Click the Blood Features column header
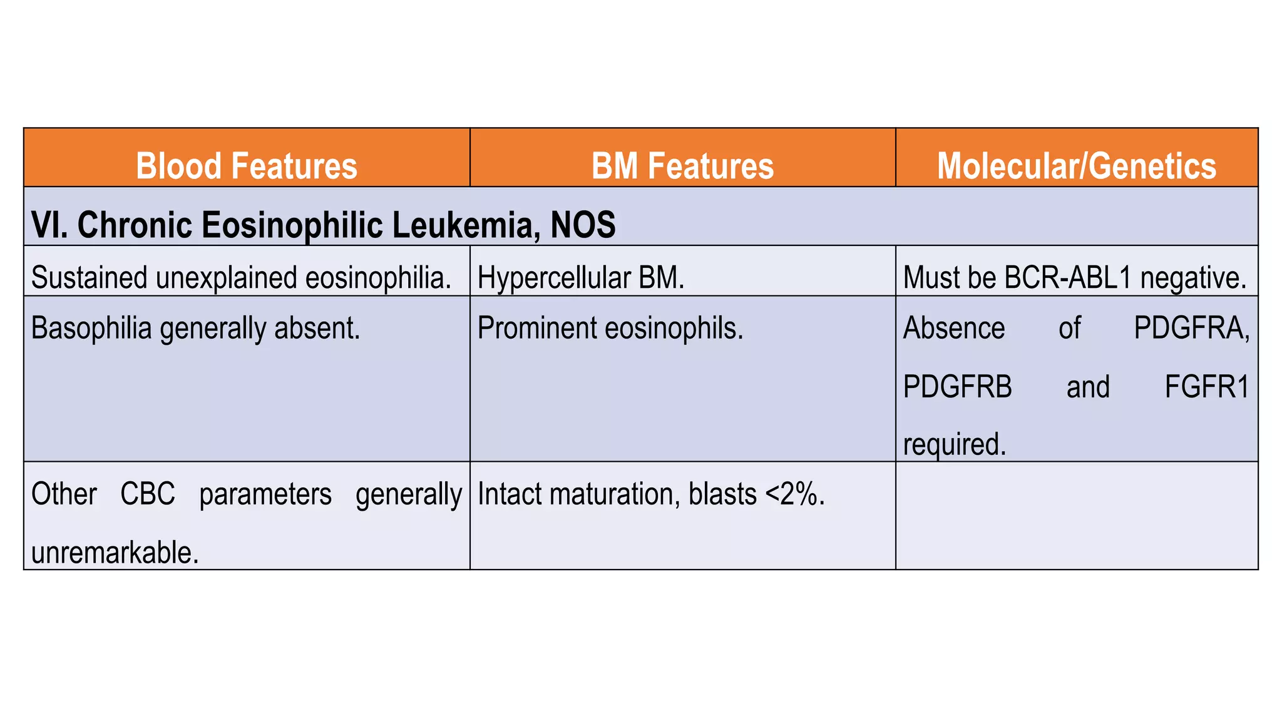point(247,166)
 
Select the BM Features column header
point(682,166)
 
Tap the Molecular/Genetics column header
point(1076,166)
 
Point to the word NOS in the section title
point(583,225)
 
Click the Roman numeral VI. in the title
point(49,225)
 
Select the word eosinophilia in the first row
point(378,278)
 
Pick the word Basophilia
point(91,328)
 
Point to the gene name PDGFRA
point(1191,328)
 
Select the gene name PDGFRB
point(957,387)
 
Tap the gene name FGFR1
point(1206,387)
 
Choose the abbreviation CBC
point(148,494)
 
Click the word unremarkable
point(115,553)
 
